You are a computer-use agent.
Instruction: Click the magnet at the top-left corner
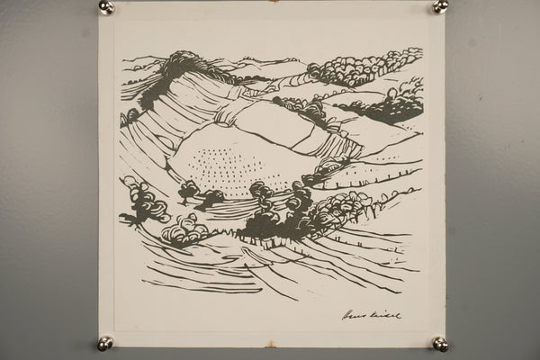[x=106, y=7]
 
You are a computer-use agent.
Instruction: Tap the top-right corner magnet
[x=440, y=6]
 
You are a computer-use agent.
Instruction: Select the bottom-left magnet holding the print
[x=105, y=343]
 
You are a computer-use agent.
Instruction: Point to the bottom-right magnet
[x=440, y=344]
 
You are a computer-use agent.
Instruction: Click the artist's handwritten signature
[x=372, y=315]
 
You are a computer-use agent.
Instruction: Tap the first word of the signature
[x=356, y=315]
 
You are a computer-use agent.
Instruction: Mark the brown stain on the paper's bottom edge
[x=270, y=345]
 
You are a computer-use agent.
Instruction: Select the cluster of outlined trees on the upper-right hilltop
[x=364, y=67]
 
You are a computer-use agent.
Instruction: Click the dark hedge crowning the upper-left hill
[x=175, y=67]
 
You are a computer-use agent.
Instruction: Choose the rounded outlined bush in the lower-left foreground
[x=185, y=230]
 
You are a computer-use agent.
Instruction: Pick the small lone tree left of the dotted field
[x=190, y=190]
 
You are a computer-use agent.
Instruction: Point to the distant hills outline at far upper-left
[x=139, y=63]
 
